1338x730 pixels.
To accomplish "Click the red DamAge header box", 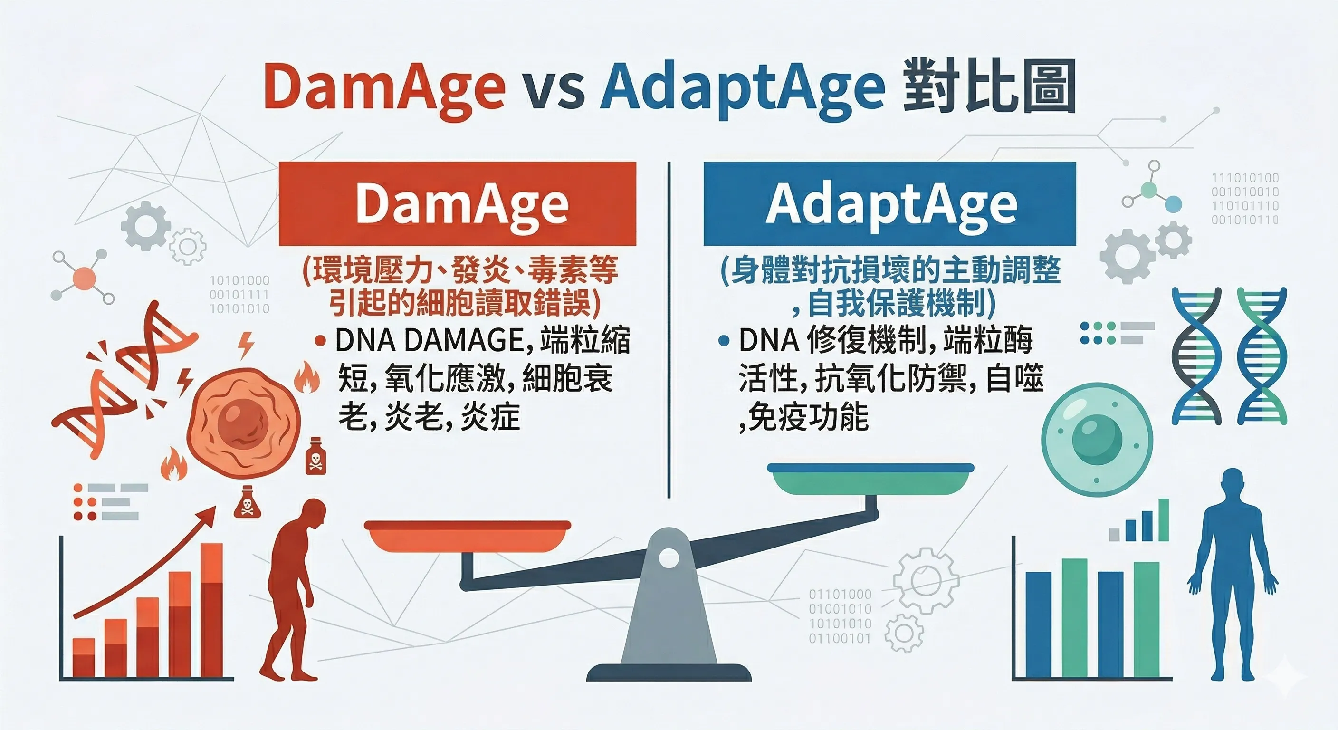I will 457,204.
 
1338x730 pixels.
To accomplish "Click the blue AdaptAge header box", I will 889,204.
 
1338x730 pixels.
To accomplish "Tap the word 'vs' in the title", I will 552,88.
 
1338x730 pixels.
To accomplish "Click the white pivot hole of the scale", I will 669,558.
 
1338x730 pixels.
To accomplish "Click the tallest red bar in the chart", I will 211,608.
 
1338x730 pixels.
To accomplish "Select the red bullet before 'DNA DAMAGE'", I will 320,341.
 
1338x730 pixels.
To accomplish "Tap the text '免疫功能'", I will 808,417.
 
